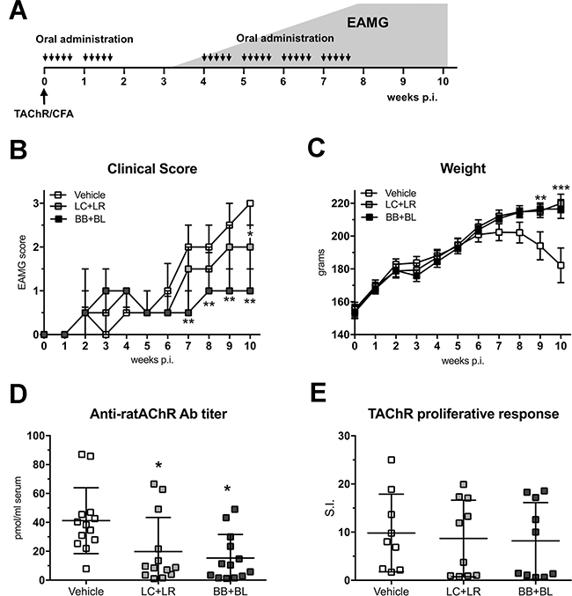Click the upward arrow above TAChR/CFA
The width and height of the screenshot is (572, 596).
point(44,94)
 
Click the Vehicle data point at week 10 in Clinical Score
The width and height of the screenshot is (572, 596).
point(251,202)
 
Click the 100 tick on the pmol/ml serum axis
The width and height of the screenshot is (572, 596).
point(38,436)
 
